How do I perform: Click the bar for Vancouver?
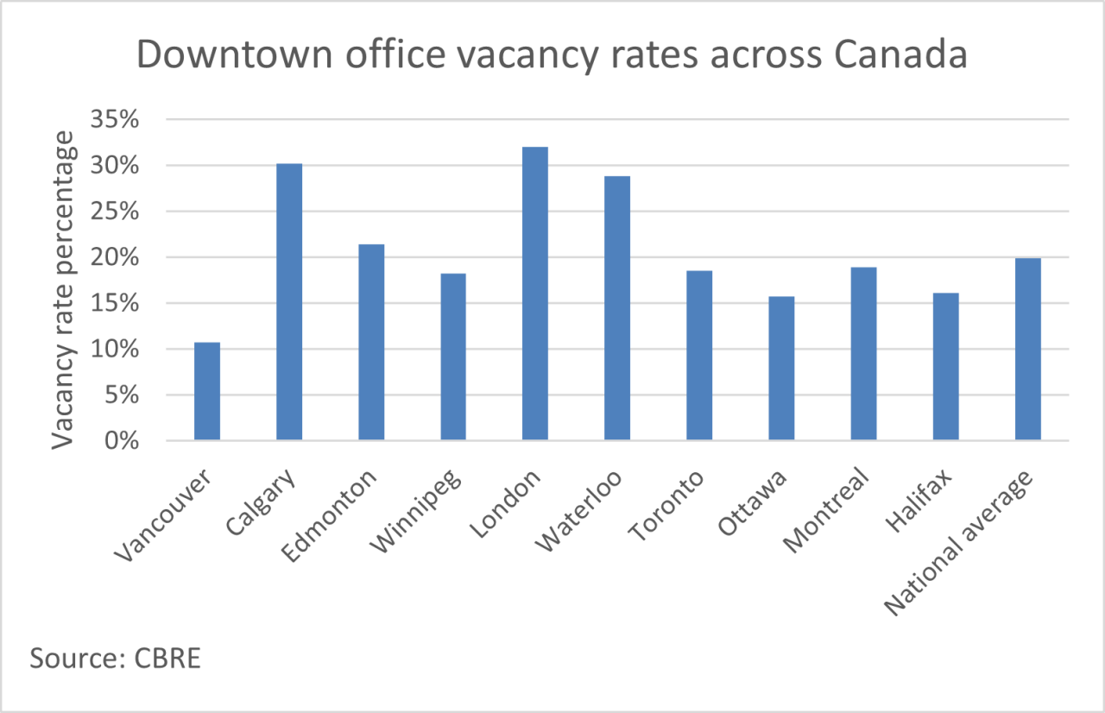207,392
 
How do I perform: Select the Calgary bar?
289,302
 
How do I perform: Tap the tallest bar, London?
535,293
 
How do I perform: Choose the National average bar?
1027,350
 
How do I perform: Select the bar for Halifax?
945,367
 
